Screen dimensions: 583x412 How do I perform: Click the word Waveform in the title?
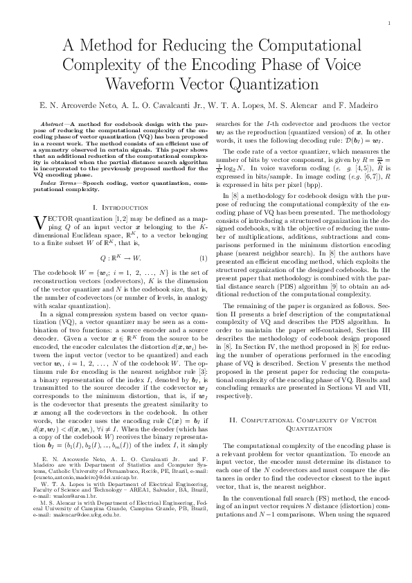pyautogui.click(x=137, y=83)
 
